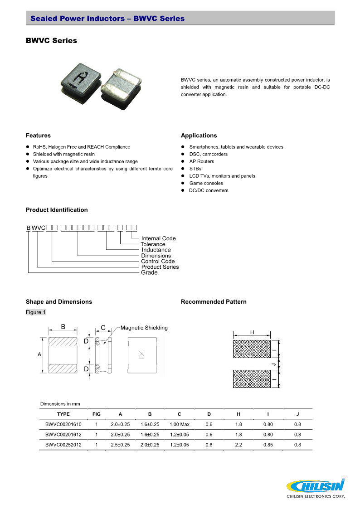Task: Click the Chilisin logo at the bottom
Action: pos(316,487)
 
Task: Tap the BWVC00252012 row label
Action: pos(63,445)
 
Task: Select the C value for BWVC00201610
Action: pos(179,424)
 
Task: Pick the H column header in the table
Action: pos(238,414)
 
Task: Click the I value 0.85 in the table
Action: pos(268,445)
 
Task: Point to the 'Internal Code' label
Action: pos(158,238)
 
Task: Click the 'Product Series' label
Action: pos(160,267)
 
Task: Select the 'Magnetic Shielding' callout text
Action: pos(144,328)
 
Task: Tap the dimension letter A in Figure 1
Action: pos(39,354)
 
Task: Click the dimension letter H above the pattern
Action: pos(252,332)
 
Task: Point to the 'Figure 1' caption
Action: pos(36,312)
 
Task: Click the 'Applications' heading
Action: pos(199,136)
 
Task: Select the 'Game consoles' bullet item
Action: pos(206,183)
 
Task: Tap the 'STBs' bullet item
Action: pos(195,169)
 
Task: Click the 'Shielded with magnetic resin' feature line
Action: pos(63,154)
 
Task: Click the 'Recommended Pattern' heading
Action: pos(214,301)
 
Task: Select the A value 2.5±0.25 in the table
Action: pos(120,445)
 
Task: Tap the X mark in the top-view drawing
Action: pos(141,354)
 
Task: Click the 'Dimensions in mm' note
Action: pos(60,403)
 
